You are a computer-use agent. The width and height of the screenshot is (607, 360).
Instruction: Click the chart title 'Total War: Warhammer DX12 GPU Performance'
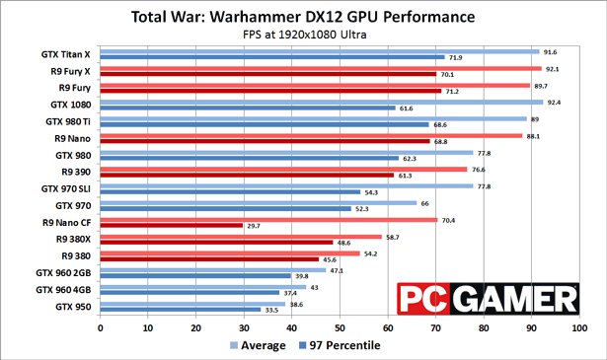pos(303,17)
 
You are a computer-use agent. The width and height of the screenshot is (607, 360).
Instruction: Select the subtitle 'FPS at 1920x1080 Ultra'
pos(303,36)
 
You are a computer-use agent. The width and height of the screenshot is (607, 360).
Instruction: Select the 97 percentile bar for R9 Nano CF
pos(171,226)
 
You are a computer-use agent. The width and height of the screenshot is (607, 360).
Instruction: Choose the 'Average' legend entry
pos(263,344)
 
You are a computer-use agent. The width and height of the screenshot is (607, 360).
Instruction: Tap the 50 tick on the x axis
pos(340,325)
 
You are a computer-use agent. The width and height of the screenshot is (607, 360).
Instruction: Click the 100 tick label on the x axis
pos(579,325)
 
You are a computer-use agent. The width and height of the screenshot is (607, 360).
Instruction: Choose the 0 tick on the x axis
pos(100,325)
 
